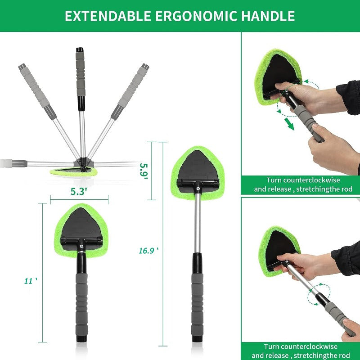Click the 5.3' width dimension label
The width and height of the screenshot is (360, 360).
coord(79,192)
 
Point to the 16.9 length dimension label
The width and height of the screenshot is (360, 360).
coord(148,250)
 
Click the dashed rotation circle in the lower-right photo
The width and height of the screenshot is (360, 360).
coord(319,294)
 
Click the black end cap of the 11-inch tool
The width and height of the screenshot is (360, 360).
coord(81,337)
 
